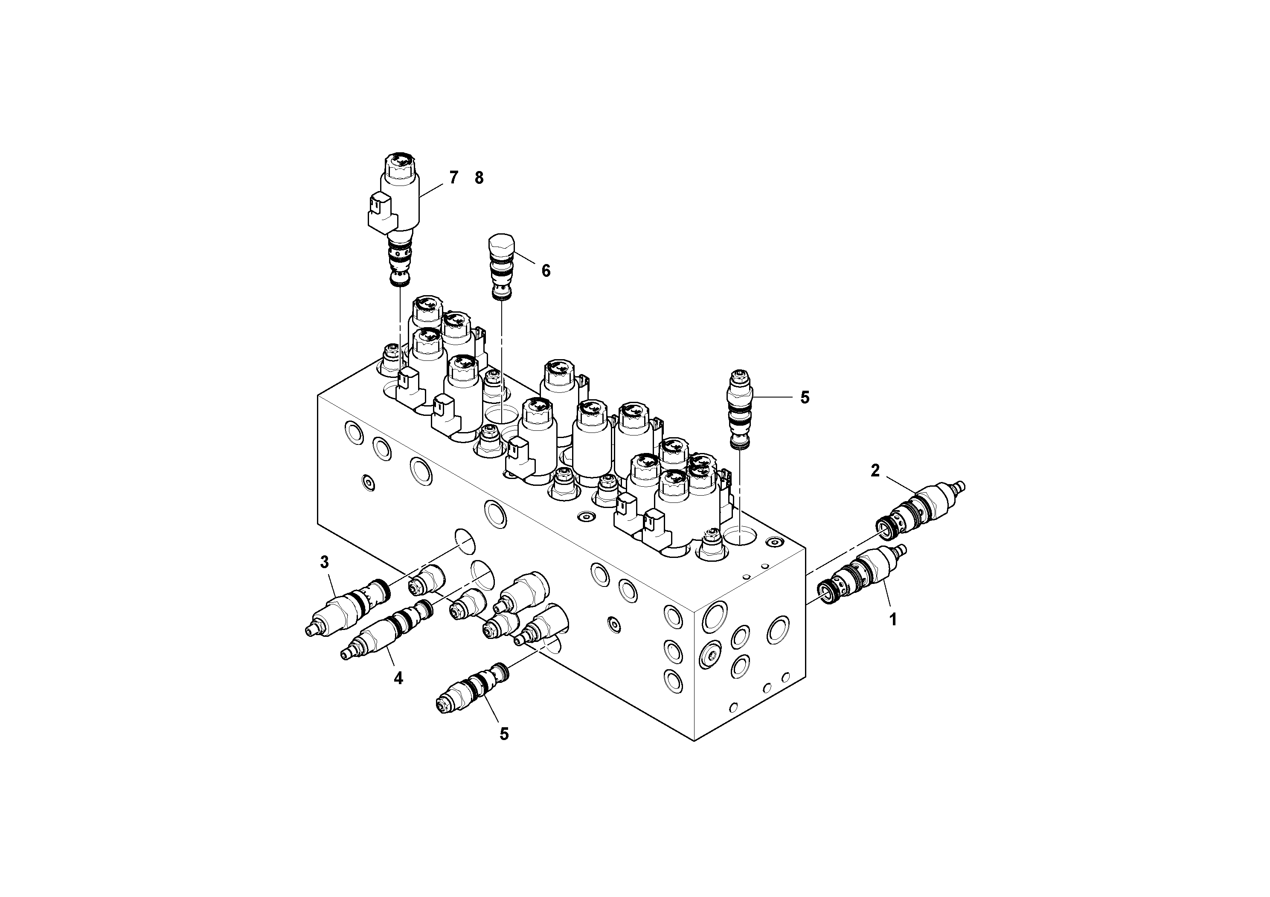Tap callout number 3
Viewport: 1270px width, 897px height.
click(325, 563)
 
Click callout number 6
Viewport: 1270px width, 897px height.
click(546, 270)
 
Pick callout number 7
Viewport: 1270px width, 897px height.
click(453, 177)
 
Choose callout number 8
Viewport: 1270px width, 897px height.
click(479, 177)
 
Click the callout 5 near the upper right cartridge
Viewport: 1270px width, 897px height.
click(805, 397)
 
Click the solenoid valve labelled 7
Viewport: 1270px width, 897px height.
click(399, 205)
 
